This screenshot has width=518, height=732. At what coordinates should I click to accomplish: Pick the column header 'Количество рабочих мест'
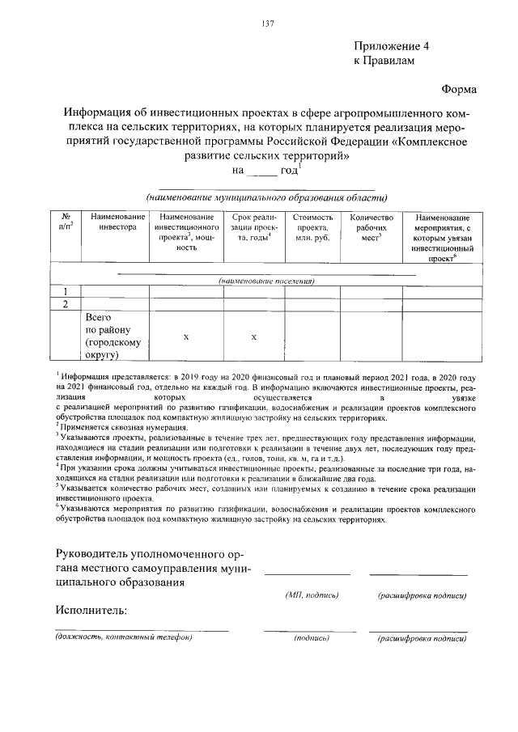pos(371,229)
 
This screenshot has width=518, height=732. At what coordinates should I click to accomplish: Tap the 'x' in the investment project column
pos(186,336)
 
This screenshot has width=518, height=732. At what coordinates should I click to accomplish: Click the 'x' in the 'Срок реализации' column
pos(253,336)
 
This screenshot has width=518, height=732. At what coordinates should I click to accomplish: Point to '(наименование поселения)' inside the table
pos(266,281)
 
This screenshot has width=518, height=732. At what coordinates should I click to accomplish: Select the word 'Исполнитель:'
pos(92,609)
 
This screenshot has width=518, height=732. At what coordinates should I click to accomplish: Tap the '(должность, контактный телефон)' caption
pos(124,637)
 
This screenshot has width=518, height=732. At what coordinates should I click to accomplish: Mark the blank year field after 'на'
pos(261,171)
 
